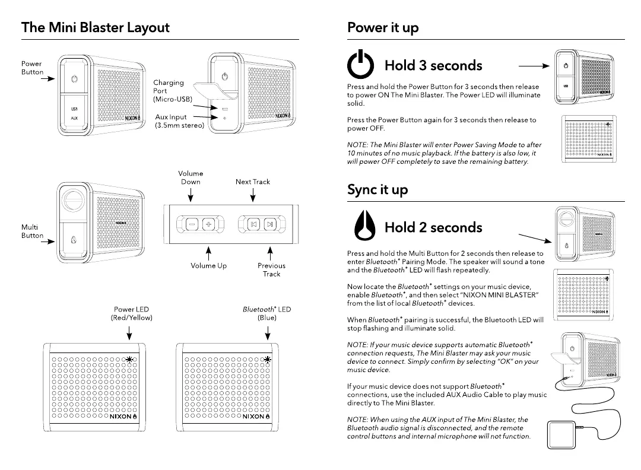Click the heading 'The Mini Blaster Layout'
coord(95,28)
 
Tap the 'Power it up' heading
coord(383,28)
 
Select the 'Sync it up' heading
coord(377,190)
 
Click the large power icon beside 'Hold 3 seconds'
coord(361,65)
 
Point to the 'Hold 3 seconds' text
coord(433,65)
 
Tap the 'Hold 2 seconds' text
coord(433,227)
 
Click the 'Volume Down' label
coord(191,177)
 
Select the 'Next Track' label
coord(253,182)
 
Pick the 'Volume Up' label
coord(208,266)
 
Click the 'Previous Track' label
coord(271,270)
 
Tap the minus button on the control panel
coord(192,224)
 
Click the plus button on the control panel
coord(208,224)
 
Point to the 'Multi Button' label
coord(32,231)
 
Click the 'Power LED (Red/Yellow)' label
coord(131,313)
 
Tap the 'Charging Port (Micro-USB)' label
coord(172,91)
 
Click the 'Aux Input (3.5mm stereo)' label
coord(179,121)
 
